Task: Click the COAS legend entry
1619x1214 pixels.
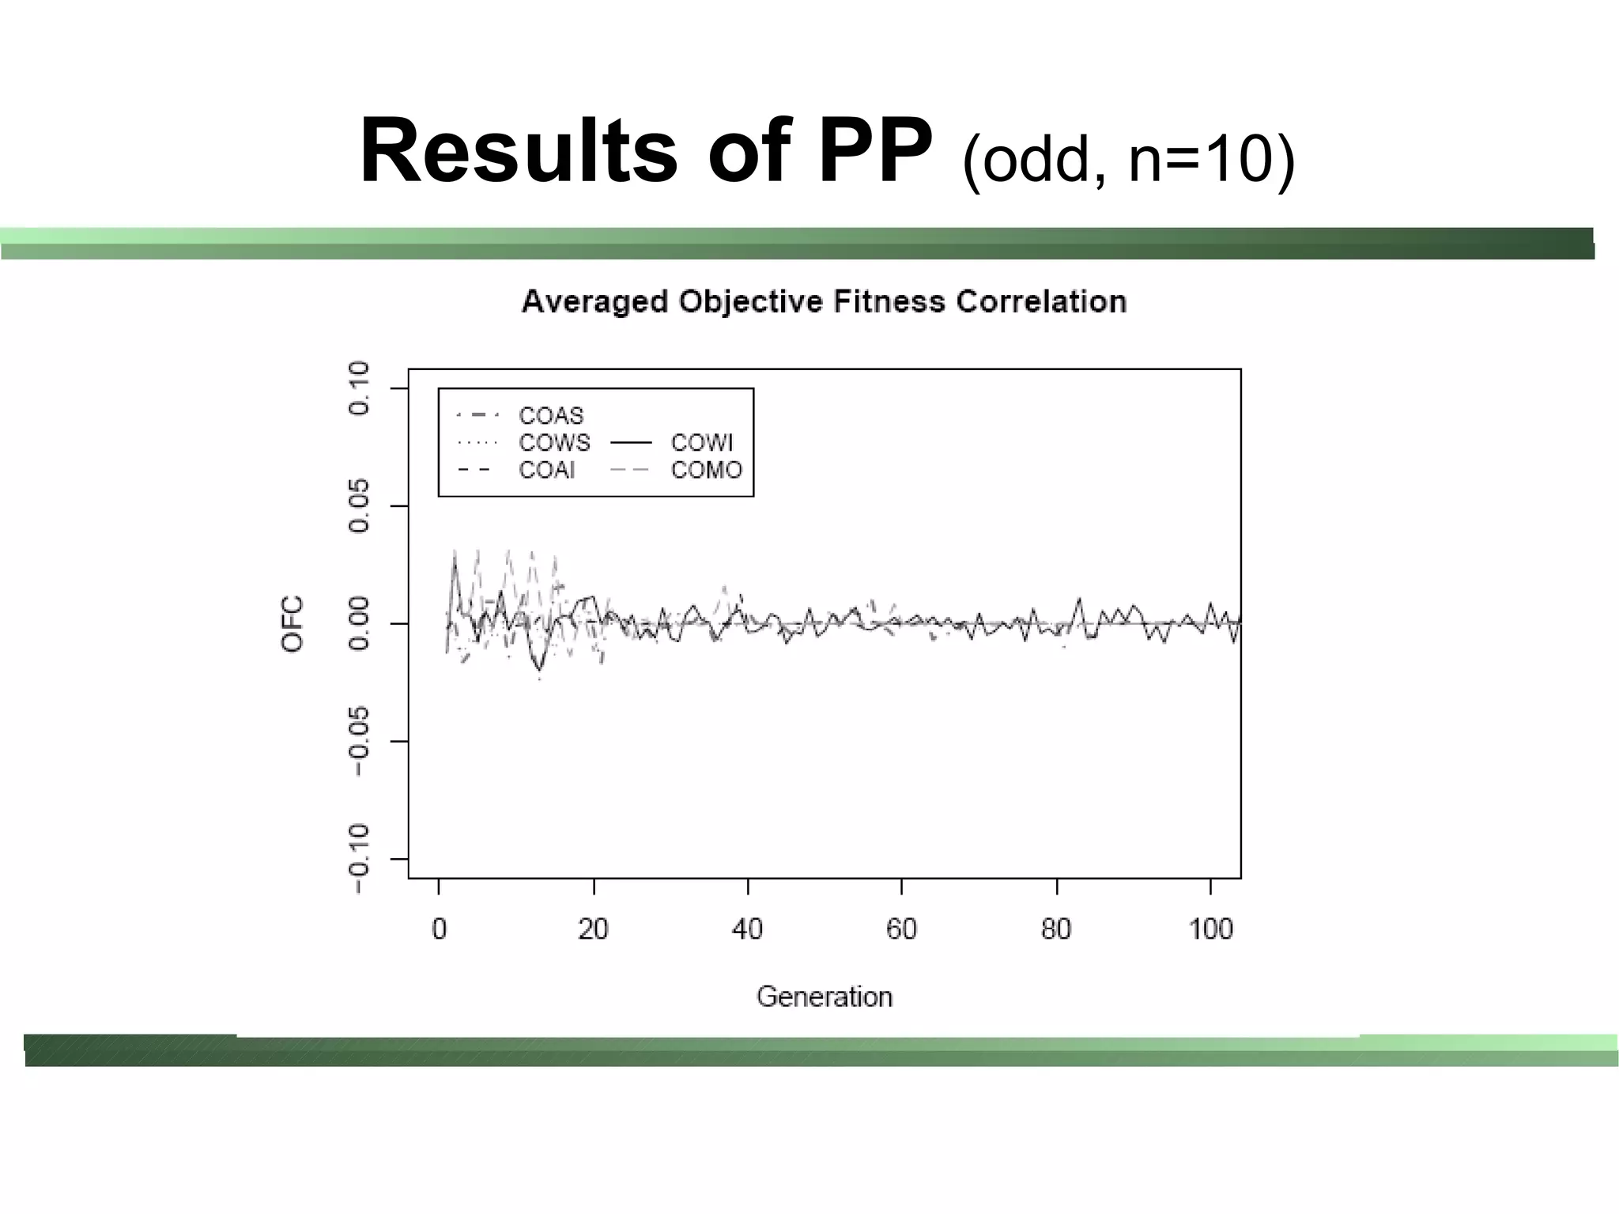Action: tap(551, 415)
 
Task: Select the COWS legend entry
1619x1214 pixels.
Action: tap(554, 443)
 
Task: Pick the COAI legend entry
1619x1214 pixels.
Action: tap(547, 471)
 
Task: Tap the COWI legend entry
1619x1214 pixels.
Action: tap(702, 443)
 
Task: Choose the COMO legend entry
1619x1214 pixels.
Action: tap(707, 471)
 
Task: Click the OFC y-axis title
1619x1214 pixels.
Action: tap(292, 624)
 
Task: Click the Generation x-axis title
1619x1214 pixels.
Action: tap(825, 997)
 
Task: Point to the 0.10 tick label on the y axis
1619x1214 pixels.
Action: tap(359, 388)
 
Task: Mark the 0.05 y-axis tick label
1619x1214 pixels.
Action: tap(359, 506)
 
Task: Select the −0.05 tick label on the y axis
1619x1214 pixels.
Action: tap(359, 741)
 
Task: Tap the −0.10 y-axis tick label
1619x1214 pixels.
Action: tap(359, 859)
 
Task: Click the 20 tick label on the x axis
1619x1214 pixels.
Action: tap(593, 929)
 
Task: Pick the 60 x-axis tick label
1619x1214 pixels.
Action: tap(901, 929)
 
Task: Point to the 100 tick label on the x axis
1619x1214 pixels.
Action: tap(1210, 929)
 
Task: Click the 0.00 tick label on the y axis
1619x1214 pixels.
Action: tap(359, 624)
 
